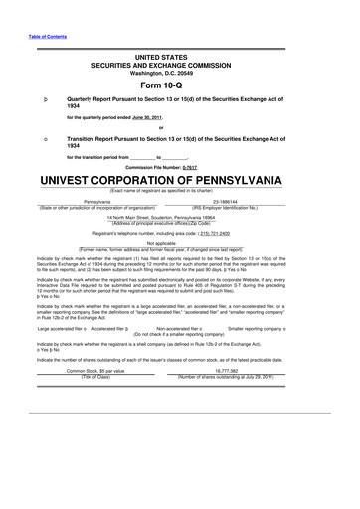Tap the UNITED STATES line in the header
(x=180, y=60)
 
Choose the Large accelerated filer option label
(x=58, y=326)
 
